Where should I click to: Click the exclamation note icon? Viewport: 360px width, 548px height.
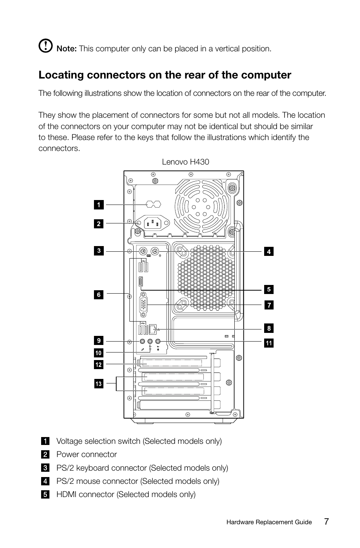coord(45,46)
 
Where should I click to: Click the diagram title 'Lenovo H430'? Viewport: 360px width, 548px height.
coord(185,162)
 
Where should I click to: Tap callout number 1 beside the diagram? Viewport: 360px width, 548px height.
coord(98,205)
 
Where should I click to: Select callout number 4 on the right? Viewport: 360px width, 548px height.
coord(269,252)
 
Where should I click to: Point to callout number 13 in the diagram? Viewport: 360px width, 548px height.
coord(98,384)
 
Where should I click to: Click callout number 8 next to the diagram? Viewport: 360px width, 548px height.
coord(269,328)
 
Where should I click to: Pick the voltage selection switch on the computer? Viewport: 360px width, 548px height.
coord(153,204)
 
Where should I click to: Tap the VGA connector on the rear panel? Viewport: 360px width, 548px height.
coord(144,305)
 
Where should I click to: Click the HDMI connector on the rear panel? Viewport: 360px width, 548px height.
coord(141,282)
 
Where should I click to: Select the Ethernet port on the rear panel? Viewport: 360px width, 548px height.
coord(153,329)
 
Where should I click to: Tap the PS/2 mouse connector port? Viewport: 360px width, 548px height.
coord(154,251)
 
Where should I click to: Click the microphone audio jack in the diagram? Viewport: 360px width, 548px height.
coord(143,341)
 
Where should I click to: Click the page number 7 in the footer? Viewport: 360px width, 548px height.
coord(326,522)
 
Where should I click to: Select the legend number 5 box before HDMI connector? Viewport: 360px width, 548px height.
coord(45,494)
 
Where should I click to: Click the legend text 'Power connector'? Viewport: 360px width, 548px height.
coord(86,454)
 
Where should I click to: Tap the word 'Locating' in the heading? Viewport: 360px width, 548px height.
coord(61,75)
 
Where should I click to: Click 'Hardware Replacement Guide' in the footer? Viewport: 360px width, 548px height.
coord(269,522)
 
